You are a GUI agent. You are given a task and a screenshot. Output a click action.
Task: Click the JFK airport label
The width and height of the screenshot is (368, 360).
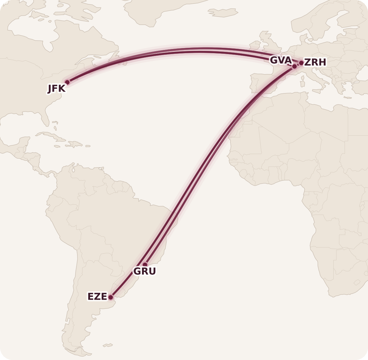click(x=56, y=89)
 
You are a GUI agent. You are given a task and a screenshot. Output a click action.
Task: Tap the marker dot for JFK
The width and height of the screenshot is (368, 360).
click(x=67, y=82)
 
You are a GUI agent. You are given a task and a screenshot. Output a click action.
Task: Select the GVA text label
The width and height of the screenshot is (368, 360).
click(x=281, y=60)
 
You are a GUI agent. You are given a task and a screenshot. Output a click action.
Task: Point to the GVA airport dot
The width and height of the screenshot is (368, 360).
click(x=294, y=66)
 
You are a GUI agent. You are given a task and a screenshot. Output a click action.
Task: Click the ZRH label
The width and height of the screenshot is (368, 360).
click(x=315, y=62)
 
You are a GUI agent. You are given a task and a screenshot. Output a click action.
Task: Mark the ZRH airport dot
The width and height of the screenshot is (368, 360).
click(x=301, y=63)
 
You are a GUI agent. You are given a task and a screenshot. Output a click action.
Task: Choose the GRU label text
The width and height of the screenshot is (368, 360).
click(x=145, y=272)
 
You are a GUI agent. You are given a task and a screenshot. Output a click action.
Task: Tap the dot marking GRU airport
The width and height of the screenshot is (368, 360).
click(x=145, y=265)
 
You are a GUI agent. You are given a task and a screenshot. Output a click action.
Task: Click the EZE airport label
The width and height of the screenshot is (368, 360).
click(x=97, y=297)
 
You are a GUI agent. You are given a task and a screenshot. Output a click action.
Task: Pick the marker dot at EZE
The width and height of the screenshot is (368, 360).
click(x=110, y=297)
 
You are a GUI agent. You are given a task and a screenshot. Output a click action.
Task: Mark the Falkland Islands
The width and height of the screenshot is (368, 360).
click(x=108, y=345)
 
